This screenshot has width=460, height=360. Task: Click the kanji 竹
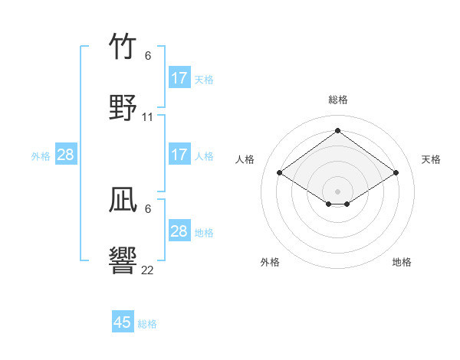(x=123, y=47)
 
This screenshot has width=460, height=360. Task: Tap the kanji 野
(x=123, y=107)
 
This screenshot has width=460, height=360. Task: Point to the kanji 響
(x=123, y=260)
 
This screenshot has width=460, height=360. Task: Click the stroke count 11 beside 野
(x=148, y=117)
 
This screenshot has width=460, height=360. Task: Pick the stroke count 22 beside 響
(x=148, y=270)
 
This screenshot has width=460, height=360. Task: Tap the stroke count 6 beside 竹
(x=148, y=56)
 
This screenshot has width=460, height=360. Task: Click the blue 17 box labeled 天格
(x=179, y=78)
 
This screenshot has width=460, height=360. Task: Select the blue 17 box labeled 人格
(x=179, y=155)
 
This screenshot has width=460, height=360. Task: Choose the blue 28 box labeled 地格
(x=179, y=231)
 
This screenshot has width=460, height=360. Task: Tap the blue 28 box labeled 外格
(x=66, y=155)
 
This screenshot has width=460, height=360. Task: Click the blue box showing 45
(x=123, y=322)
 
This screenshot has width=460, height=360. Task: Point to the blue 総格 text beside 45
(x=147, y=324)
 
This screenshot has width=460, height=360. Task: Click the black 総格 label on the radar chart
(x=337, y=100)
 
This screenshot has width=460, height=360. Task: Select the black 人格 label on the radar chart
(x=245, y=159)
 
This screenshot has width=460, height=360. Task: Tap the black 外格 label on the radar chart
(x=270, y=262)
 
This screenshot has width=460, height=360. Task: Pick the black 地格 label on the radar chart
(x=402, y=262)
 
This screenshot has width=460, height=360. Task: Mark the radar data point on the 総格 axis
(x=337, y=131)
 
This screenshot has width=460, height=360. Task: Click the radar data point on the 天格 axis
(x=396, y=173)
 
